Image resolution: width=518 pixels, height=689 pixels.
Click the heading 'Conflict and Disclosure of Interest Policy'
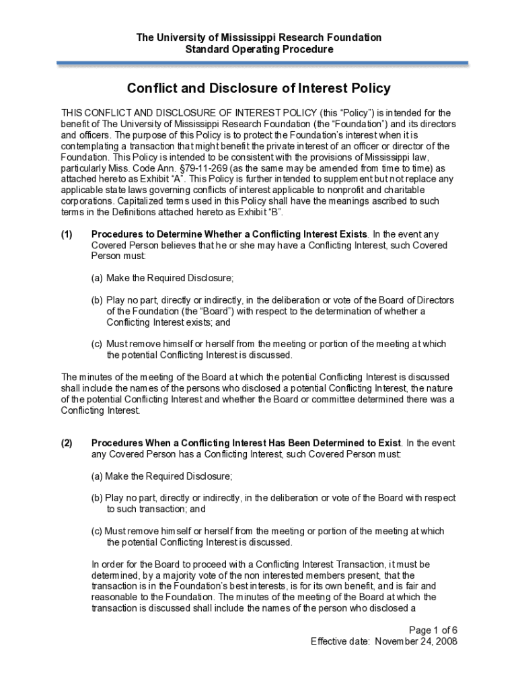(259, 89)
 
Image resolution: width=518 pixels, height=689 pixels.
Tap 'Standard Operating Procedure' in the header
(259, 49)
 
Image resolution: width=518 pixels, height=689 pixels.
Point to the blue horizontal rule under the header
(262, 63)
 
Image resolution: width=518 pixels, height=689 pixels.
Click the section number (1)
(68, 234)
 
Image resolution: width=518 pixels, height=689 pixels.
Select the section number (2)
(68, 443)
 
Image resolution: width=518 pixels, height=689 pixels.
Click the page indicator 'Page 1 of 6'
(433, 630)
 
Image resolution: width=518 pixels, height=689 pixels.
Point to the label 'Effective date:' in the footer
(340, 641)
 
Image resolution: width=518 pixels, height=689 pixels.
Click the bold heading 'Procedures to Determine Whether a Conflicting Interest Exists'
(229, 234)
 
